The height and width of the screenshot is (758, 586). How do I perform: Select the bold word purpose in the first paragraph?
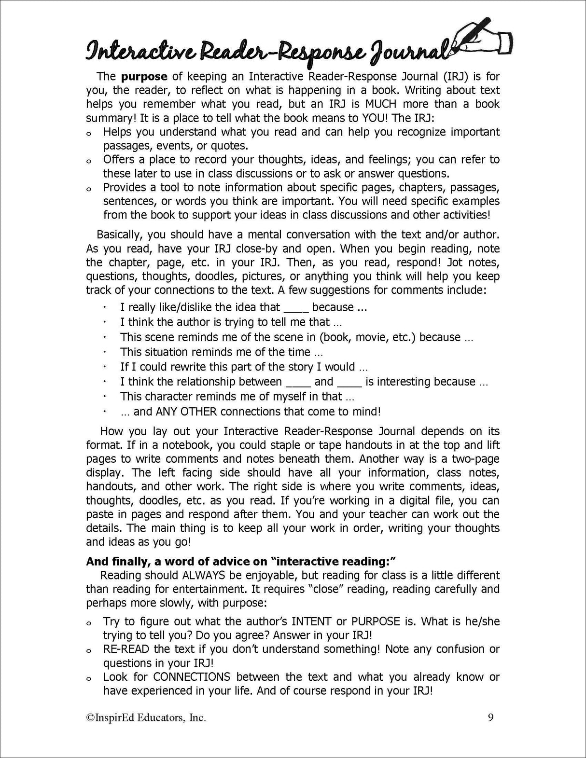click(x=144, y=76)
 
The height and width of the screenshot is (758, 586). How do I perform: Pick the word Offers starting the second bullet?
click(x=119, y=160)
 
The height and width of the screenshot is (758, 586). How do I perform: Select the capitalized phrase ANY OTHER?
click(x=185, y=412)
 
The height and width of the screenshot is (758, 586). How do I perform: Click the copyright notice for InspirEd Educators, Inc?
click(x=146, y=718)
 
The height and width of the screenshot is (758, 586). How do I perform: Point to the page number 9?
click(x=490, y=718)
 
